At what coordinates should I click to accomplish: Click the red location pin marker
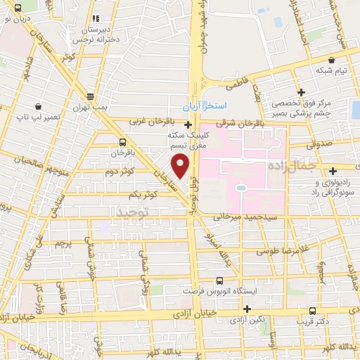click(x=181, y=166)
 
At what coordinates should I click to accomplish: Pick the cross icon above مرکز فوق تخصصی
click(x=300, y=91)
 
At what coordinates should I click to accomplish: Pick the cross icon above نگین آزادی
click(x=247, y=309)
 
